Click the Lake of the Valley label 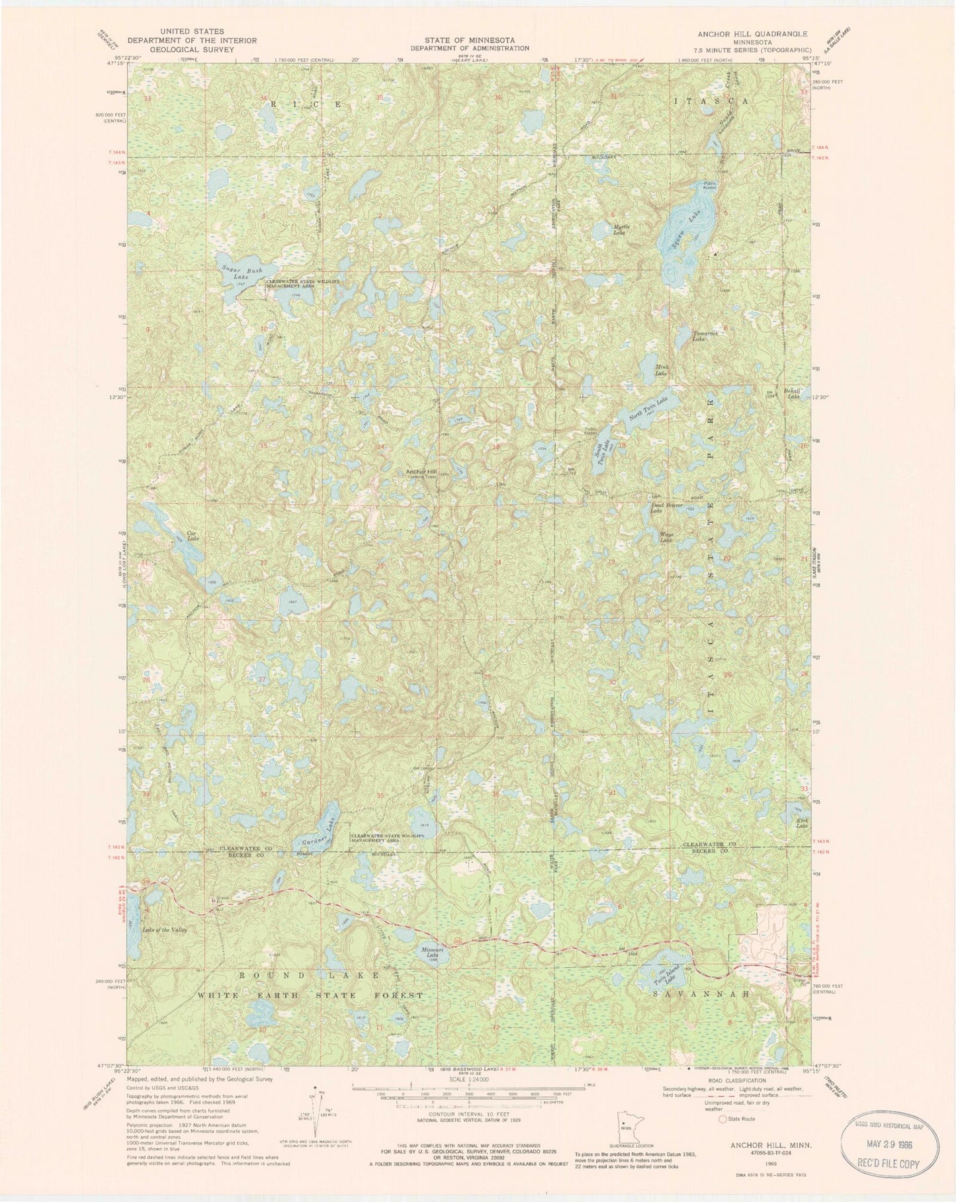165,929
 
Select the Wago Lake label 665,538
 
